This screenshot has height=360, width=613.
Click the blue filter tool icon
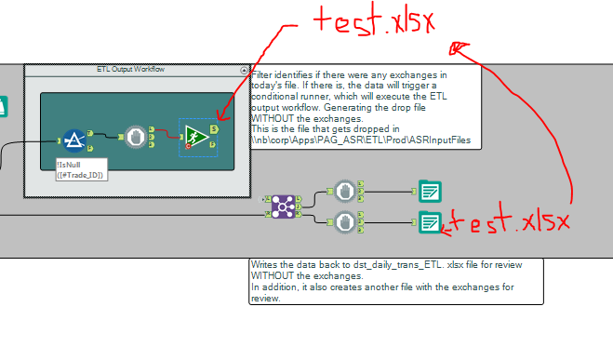[74, 140]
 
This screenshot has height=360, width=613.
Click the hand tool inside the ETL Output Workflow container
[137, 136]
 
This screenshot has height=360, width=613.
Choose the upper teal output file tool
[429, 191]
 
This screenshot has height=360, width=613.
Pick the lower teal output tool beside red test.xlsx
[429, 221]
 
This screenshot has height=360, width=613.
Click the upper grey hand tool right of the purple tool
[345, 191]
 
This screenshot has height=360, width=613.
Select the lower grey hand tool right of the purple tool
[345, 221]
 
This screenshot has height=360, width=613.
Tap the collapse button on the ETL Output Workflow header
[245, 70]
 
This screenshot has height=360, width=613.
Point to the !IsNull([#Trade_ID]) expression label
[81, 170]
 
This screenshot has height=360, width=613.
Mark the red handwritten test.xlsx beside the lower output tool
[508, 222]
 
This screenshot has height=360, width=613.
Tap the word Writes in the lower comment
[263, 265]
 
